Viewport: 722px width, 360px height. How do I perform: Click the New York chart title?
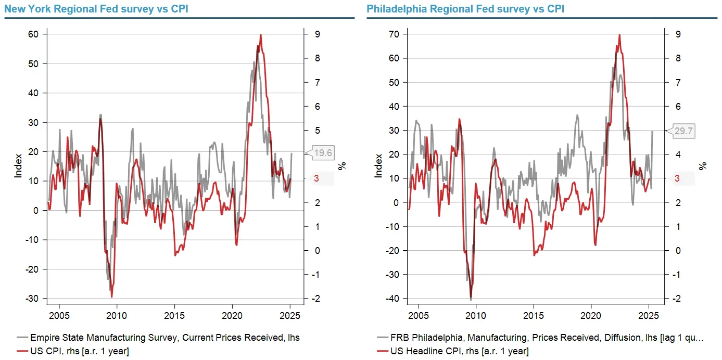tap(96, 9)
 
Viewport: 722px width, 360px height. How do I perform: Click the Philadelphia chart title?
tap(465, 9)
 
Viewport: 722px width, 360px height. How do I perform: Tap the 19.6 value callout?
tap(323, 152)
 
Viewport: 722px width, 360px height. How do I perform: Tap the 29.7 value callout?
tap(684, 131)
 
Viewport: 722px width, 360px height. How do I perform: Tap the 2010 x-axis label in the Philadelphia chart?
tap(476, 315)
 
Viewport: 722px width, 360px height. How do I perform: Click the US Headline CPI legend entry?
tap(452, 351)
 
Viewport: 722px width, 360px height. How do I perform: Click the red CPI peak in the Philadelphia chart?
tap(619, 35)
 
